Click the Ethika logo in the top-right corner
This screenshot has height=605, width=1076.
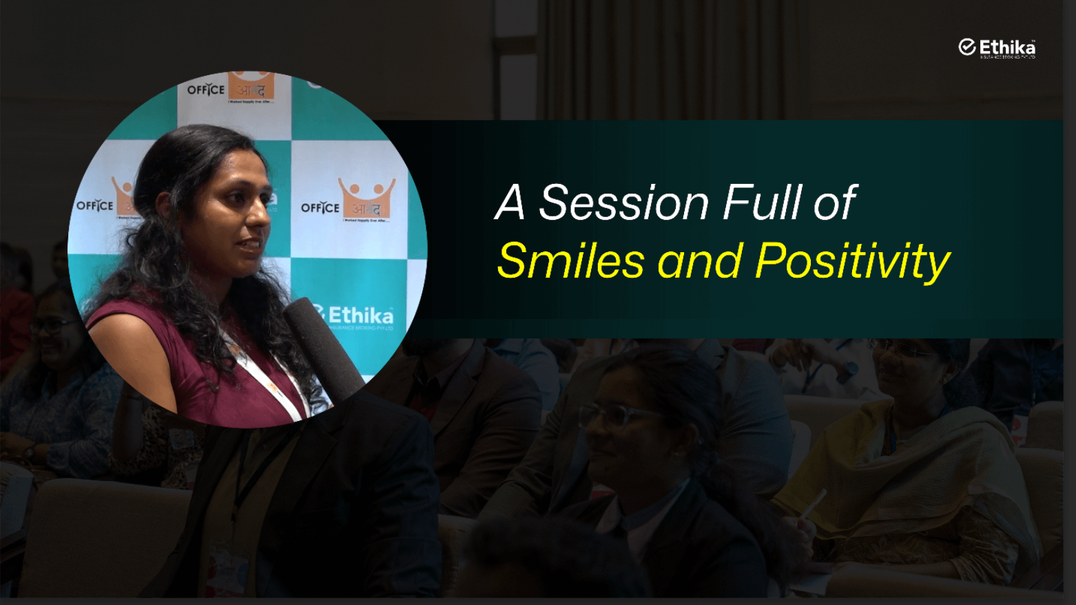997,48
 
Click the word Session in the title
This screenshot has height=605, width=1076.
623,203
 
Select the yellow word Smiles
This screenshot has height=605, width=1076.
570,261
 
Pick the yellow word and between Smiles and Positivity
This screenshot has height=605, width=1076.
700,262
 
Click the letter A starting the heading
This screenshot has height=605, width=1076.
510,203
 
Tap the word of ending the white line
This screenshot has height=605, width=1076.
835,203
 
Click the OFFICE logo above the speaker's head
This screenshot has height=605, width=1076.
230,89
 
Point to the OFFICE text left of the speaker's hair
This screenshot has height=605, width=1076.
94,205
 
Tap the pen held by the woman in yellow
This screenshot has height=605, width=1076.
814,504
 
